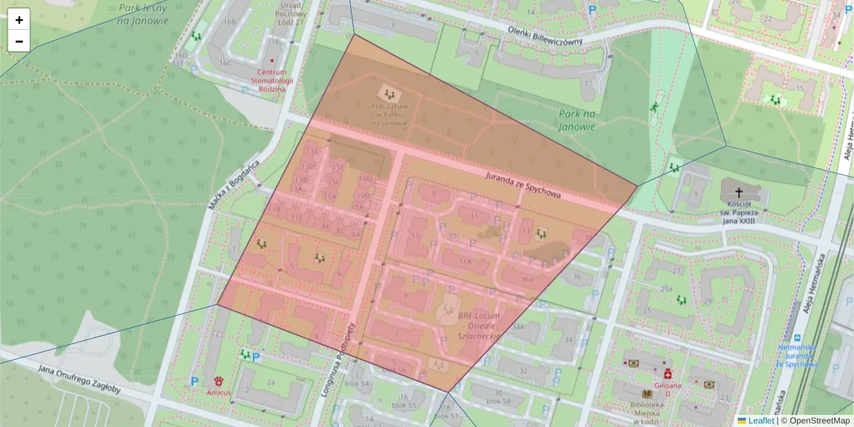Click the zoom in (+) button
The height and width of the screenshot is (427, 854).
coord(19,20)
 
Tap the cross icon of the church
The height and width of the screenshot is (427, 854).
coord(739,192)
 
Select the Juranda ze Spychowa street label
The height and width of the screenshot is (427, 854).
coord(523,184)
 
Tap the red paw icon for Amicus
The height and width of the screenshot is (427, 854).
coord(217,381)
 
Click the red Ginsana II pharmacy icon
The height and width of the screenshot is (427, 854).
coord(668,374)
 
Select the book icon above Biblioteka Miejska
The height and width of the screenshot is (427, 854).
coord(647,394)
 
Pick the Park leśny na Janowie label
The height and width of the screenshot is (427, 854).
coord(143,14)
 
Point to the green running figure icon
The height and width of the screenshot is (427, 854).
coord(653,107)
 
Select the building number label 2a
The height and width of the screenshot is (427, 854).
coord(270,382)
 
